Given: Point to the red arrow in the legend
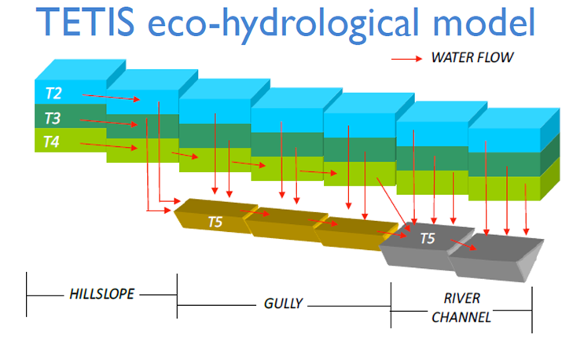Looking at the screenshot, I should [409, 57].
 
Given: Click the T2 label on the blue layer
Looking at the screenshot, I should [53, 94].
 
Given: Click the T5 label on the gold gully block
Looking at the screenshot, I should [215, 222].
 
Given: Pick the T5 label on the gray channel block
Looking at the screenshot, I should [427, 238].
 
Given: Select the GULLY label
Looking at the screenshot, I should [283, 303].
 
